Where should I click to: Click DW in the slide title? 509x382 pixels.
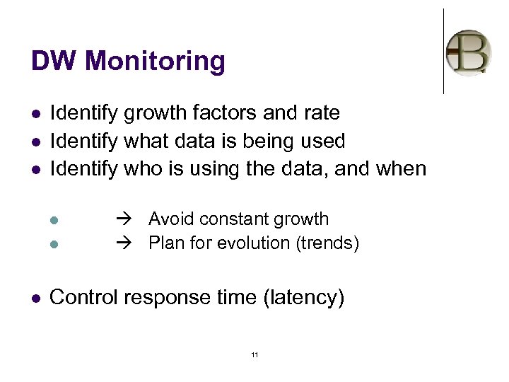52,62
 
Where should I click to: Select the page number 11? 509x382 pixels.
255,354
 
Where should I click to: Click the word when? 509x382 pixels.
400,169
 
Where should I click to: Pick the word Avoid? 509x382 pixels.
168,219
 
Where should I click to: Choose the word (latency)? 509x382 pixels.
303,298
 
